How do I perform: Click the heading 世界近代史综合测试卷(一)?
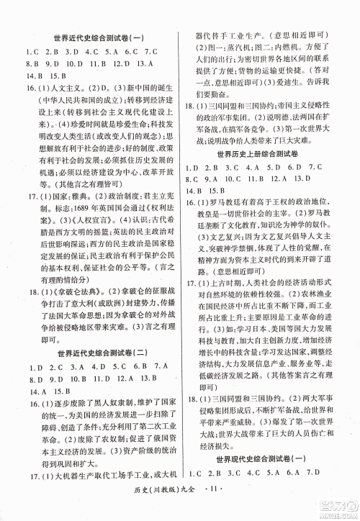[x=94, y=38]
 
